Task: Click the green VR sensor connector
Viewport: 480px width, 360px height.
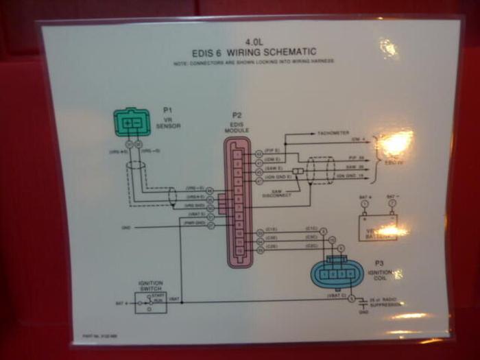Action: tap(133, 123)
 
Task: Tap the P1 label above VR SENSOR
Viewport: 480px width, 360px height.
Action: tap(167, 110)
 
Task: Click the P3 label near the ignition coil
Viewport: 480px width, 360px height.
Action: tap(379, 263)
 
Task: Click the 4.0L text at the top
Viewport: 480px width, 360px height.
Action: tap(253, 41)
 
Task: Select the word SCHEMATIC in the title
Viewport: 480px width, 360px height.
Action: tap(292, 51)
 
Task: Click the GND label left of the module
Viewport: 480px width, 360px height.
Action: tap(125, 227)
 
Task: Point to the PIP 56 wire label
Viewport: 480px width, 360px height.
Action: tap(355, 158)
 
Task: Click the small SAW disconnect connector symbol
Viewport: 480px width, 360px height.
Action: tap(298, 171)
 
